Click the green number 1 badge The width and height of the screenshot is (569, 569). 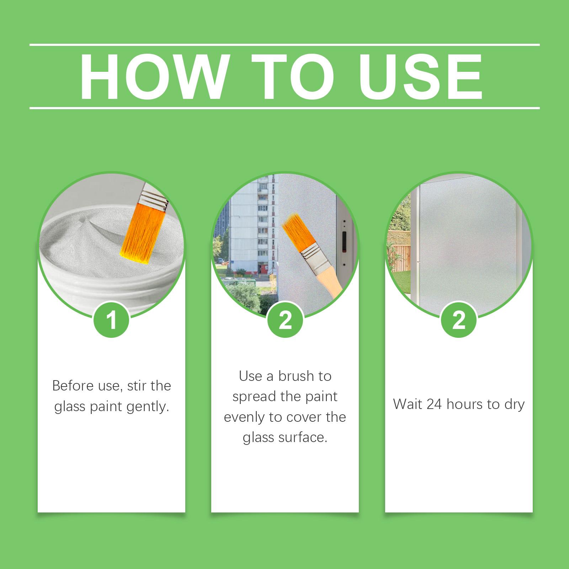pos(111,320)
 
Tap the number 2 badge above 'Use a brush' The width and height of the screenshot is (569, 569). pos(285,320)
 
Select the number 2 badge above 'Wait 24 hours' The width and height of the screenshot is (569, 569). pos(459,320)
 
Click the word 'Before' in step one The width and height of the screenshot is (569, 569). pos(71,386)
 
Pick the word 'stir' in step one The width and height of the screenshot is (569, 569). pos(135,386)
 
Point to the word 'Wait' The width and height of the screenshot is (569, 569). pos(408,404)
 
